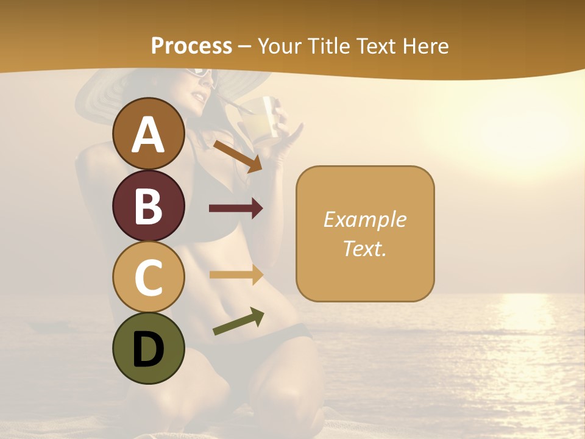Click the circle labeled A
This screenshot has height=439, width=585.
[x=149, y=134]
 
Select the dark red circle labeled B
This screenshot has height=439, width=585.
[x=149, y=205]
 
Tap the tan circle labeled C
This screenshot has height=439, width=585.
[x=149, y=277]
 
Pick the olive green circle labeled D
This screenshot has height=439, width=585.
[x=149, y=348]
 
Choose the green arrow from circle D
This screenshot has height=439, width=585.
[x=238, y=322]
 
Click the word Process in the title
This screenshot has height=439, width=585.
[x=191, y=46]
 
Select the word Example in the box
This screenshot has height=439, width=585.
[x=364, y=220]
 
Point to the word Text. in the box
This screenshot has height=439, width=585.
[x=364, y=248]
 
